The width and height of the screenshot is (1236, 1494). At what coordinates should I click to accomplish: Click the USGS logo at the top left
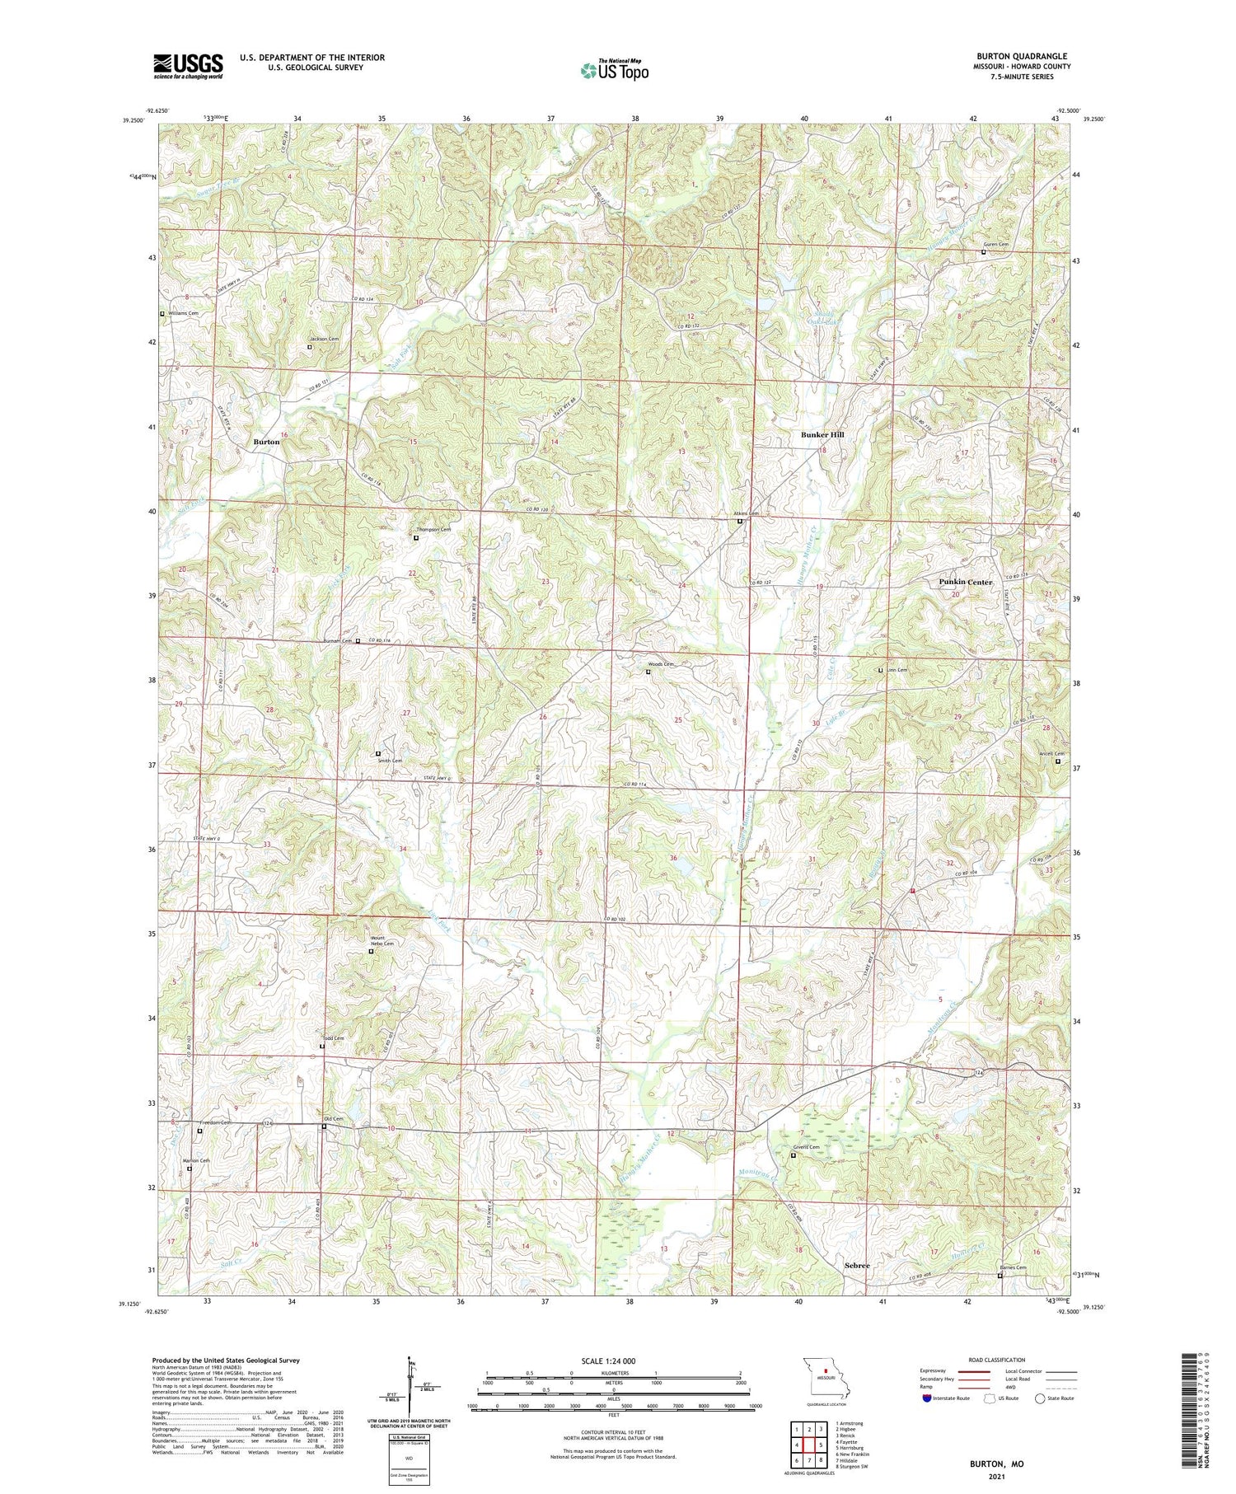pyautogui.click(x=188, y=66)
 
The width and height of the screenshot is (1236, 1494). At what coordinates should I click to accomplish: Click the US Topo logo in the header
pyautogui.click(x=614, y=71)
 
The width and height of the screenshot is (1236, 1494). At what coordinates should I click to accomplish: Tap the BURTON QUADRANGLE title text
pyautogui.click(x=1022, y=56)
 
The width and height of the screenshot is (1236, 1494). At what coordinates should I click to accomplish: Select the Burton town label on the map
pyautogui.click(x=266, y=442)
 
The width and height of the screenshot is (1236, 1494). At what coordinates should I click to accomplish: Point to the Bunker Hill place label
pyautogui.click(x=822, y=434)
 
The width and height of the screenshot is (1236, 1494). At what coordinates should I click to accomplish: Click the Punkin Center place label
pyautogui.click(x=966, y=582)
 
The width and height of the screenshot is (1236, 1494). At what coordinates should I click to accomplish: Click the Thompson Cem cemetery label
pyautogui.click(x=433, y=530)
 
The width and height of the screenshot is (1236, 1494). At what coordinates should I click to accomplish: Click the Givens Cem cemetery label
pyautogui.click(x=806, y=1147)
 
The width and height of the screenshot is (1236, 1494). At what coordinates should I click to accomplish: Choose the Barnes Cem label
pyautogui.click(x=1013, y=1267)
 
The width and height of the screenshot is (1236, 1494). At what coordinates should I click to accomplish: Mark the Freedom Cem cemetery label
pyautogui.click(x=214, y=1123)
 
